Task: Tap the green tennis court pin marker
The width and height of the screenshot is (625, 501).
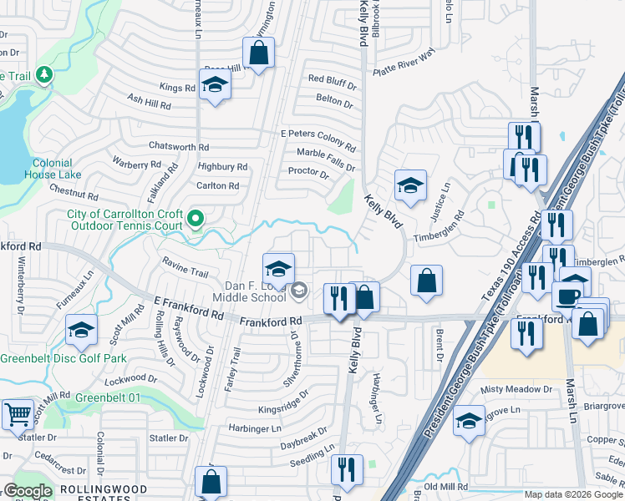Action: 196,220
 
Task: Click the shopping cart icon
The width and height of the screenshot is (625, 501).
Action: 17,414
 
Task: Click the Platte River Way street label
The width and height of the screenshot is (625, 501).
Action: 405,63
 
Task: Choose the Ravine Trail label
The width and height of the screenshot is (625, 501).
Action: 185,272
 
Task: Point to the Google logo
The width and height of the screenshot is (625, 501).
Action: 28,492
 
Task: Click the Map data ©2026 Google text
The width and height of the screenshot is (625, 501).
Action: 573,494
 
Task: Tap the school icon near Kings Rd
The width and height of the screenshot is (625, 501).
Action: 215,85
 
